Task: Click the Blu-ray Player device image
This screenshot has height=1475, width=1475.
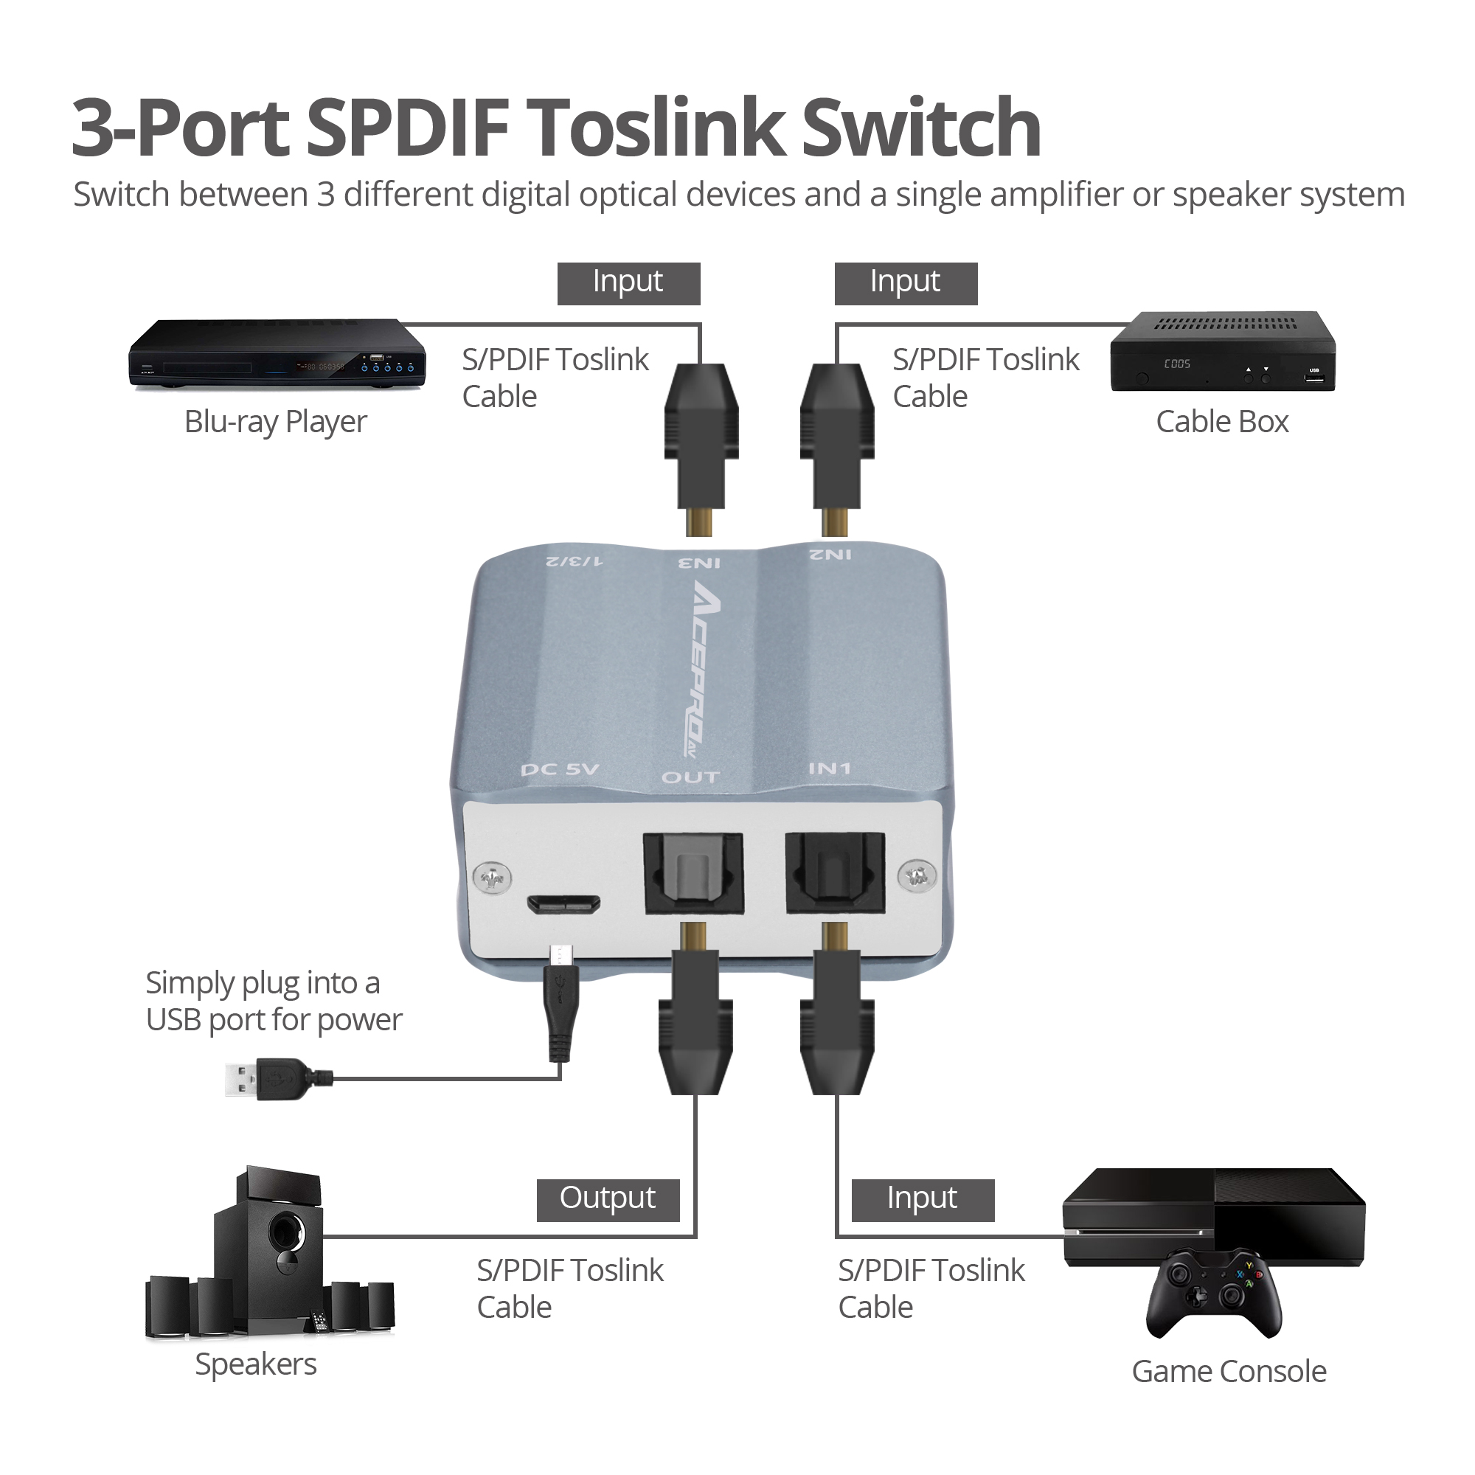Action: tap(277, 355)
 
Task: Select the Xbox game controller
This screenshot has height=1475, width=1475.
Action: tap(1214, 1294)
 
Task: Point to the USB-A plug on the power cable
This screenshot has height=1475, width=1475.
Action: tap(278, 1078)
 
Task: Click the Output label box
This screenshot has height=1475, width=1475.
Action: tap(608, 1200)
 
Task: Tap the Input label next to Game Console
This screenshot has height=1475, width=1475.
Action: tap(923, 1200)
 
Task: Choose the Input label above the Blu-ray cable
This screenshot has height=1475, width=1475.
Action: tap(628, 283)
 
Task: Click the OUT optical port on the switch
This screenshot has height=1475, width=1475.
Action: tap(693, 873)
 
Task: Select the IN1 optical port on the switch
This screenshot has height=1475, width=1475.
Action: tap(836, 872)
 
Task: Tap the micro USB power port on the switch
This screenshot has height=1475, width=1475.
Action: tap(563, 905)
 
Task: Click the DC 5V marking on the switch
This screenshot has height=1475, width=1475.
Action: tap(560, 769)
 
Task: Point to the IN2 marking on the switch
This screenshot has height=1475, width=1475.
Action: tap(830, 555)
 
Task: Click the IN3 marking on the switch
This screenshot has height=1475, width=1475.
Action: tap(699, 563)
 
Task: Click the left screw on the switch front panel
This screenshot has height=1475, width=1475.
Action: tap(493, 878)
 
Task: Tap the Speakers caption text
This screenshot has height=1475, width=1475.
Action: tap(256, 1365)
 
